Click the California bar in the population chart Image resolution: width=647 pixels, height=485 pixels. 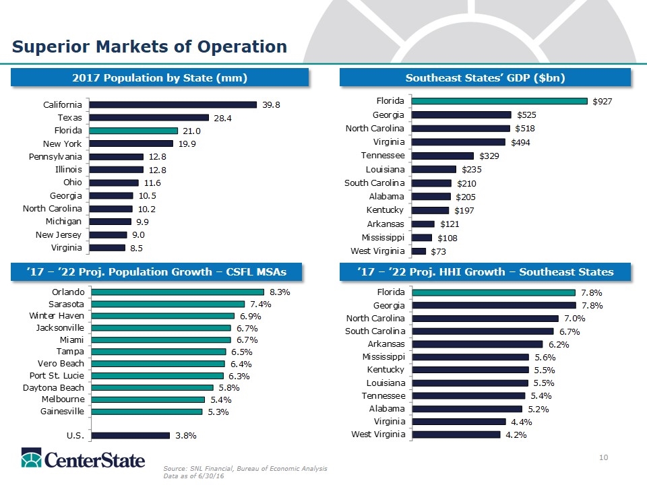(172, 104)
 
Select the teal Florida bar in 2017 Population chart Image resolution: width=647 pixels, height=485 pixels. (132, 131)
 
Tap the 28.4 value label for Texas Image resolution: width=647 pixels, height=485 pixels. (223, 118)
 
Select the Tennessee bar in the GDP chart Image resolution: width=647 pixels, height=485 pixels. (443, 156)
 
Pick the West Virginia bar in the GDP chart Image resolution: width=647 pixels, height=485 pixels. (419, 251)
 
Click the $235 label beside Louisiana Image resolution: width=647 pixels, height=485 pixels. (470, 169)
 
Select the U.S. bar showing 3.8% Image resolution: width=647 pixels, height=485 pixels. (130, 435)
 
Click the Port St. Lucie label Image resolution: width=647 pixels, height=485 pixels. (57, 375)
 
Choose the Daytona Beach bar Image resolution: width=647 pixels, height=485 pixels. (152, 387)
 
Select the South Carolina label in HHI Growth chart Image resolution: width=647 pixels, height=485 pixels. (375, 331)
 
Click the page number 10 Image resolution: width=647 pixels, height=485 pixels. (604, 459)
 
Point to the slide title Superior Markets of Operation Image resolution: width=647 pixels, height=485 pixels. (149, 46)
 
